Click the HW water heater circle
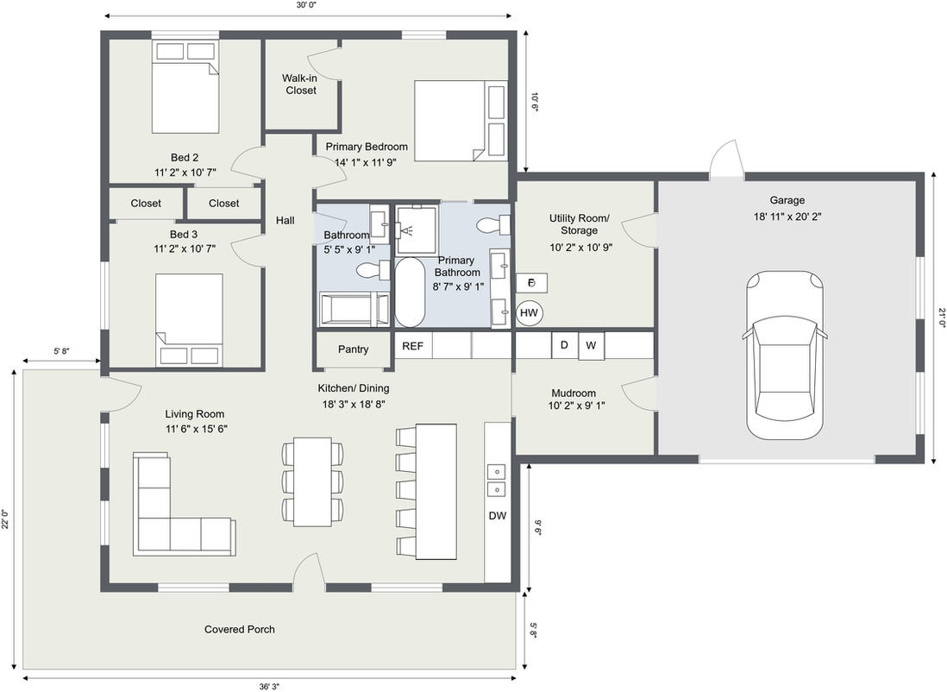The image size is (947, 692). point(529,312)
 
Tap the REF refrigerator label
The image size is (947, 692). point(412,346)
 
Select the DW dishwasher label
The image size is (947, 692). point(497,515)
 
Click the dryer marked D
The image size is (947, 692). point(564,345)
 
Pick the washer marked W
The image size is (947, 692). point(592,346)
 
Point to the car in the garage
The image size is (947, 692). point(785,355)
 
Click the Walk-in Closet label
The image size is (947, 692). point(301,84)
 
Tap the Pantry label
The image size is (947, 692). point(354,349)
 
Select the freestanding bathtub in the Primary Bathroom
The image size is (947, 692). point(410,293)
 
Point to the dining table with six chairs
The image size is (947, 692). point(313,481)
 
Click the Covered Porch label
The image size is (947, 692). point(239,629)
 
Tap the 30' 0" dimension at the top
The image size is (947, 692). point(307,5)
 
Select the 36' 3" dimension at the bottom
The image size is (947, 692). point(269,686)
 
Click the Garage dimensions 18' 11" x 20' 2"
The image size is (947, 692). point(787,217)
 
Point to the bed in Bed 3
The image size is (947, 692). point(190,320)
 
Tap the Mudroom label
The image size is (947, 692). point(574,393)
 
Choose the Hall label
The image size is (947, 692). point(285,220)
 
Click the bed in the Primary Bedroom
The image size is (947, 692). point(460,120)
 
